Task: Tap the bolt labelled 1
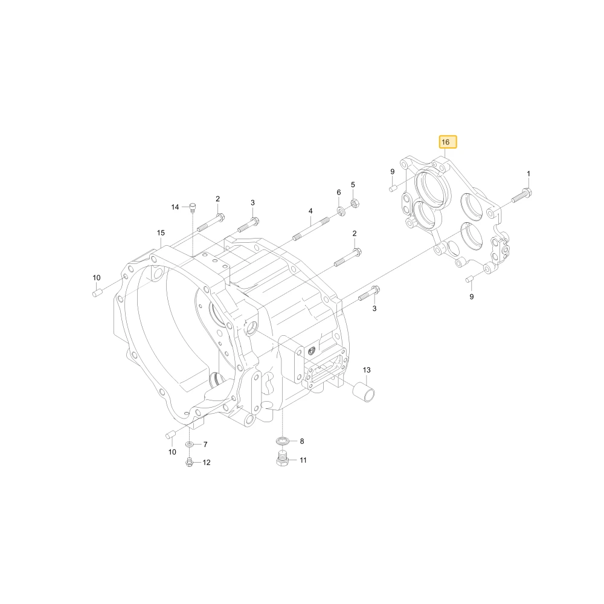pyautogui.click(x=522, y=195)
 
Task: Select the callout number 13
pyautogui.click(x=367, y=370)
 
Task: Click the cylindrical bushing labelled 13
pyautogui.click(x=363, y=392)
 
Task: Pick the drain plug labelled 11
pyautogui.click(x=283, y=459)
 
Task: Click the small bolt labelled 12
pyautogui.click(x=190, y=462)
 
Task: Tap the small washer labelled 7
pyautogui.click(x=190, y=445)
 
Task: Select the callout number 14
pyautogui.click(x=175, y=207)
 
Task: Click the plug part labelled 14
pyautogui.click(x=193, y=207)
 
